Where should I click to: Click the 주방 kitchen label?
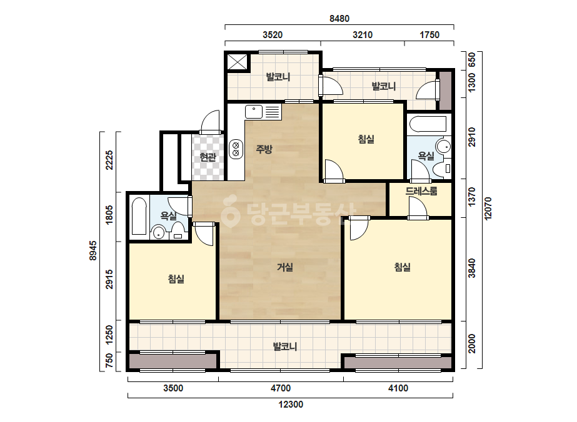(x=264, y=149)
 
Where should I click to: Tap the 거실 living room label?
(x=285, y=267)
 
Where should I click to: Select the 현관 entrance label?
(x=208, y=157)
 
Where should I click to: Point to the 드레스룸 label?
(x=421, y=191)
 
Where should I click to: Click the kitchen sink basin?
(x=254, y=112)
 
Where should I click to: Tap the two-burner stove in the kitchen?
(x=236, y=149)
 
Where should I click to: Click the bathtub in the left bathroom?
(x=139, y=216)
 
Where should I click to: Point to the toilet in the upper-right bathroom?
(x=441, y=169)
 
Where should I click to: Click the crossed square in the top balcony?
(x=238, y=61)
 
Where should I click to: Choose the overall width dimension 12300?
(x=291, y=405)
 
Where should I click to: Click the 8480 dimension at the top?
(x=339, y=18)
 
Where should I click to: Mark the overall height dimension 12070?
(x=488, y=209)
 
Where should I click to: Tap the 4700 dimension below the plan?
(x=281, y=388)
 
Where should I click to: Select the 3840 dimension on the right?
(x=472, y=268)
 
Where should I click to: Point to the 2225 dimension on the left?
(x=109, y=160)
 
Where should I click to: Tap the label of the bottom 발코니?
(x=285, y=346)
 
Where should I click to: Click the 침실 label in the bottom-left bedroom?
(x=176, y=279)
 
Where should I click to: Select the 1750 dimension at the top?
(x=429, y=35)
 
